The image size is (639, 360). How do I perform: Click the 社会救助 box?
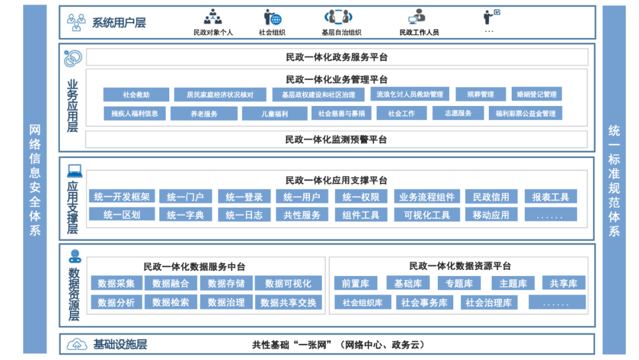[x=136, y=95]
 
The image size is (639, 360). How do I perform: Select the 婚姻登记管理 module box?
[x=536, y=94]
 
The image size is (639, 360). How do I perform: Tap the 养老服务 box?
[x=204, y=114]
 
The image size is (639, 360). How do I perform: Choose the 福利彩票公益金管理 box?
[x=525, y=114]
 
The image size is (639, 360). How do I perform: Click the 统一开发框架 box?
[x=122, y=197]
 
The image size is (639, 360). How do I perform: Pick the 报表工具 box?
[x=550, y=197]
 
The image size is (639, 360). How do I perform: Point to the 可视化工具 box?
[x=427, y=215]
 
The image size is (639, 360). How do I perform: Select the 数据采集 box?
[x=117, y=284]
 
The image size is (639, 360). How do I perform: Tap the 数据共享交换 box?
[x=289, y=303]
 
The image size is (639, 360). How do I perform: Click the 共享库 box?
[x=563, y=284]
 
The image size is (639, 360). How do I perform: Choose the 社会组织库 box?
[x=362, y=303]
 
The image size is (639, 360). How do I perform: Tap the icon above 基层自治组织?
[x=338, y=17]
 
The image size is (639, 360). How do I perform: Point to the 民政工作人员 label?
[x=419, y=33]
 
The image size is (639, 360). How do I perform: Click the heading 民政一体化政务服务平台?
[x=337, y=57]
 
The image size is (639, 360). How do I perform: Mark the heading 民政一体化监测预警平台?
[x=336, y=140]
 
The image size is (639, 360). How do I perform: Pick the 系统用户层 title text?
[x=119, y=23]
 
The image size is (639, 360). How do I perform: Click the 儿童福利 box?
[x=274, y=114]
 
